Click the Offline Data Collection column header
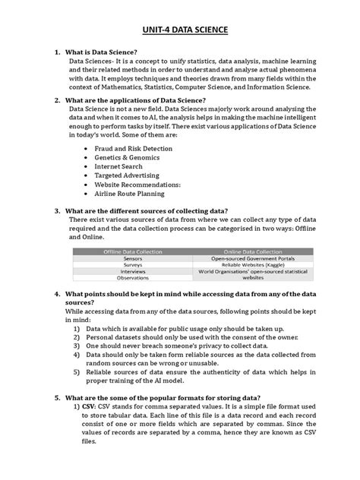coord(133,251)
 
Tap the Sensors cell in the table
coord(133,258)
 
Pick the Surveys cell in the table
coord(133,265)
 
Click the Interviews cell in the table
coord(133,271)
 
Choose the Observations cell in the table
coord(133,278)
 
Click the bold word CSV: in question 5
coord(93,408)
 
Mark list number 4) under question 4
coord(77,355)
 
